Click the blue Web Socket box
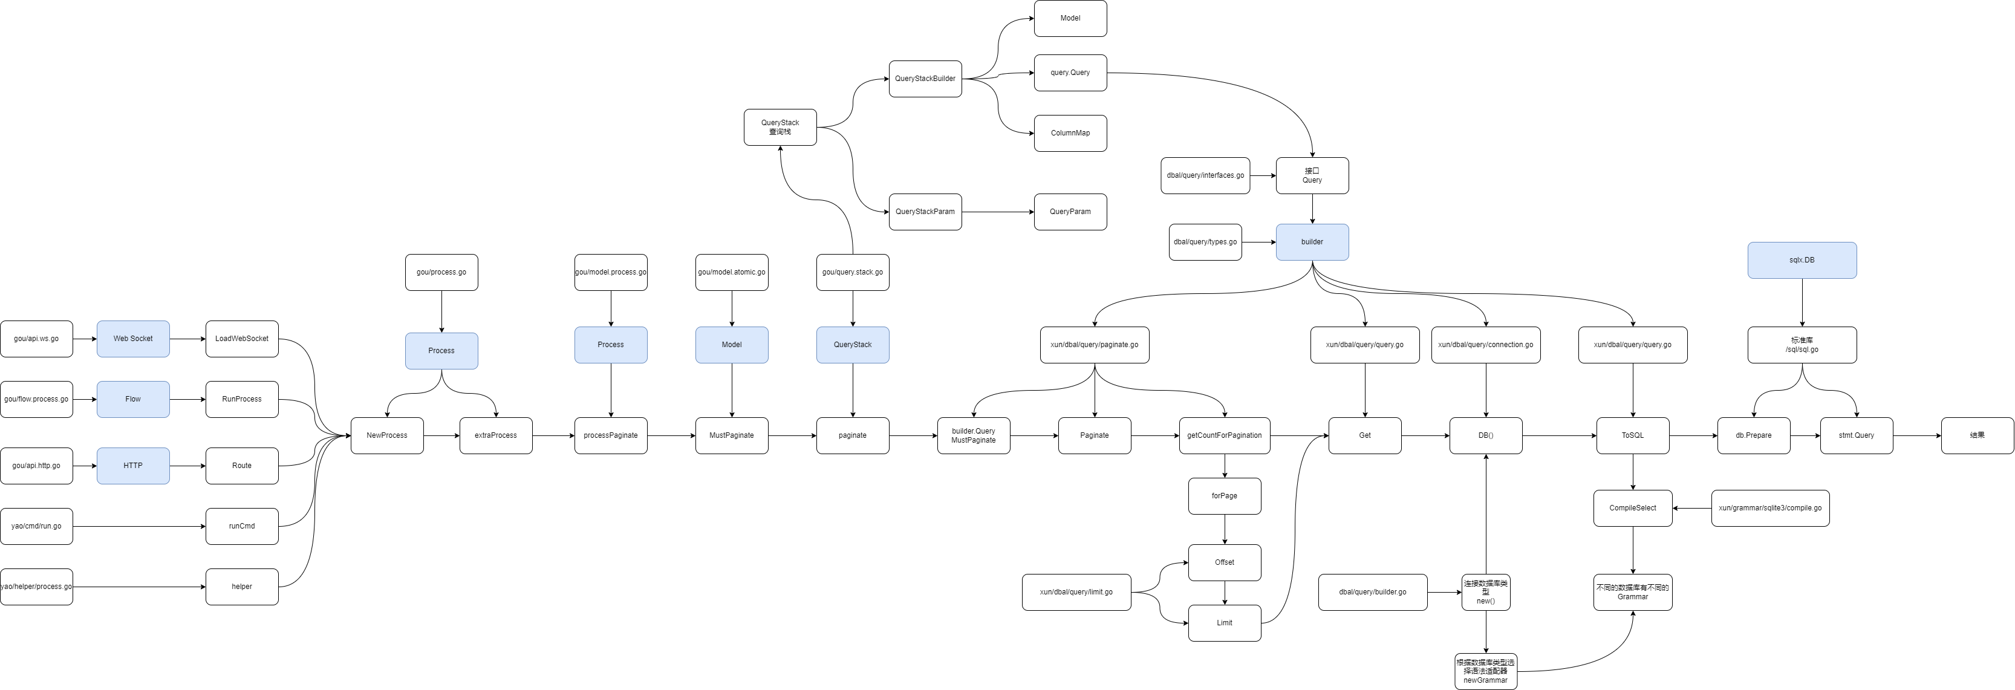133,339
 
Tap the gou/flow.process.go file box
37,399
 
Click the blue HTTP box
133,466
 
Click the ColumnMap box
1070,133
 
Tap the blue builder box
1312,242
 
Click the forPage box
1224,496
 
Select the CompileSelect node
1632,509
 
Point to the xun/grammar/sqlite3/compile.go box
1770,509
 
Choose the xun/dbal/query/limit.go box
1076,592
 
